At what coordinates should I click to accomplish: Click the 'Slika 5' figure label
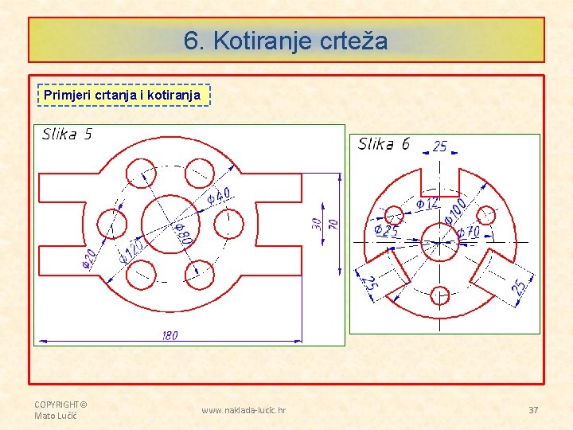67,134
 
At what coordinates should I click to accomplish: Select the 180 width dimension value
169,335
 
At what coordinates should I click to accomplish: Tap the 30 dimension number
318,224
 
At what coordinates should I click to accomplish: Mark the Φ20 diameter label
89,259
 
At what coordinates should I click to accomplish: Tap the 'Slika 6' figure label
384,143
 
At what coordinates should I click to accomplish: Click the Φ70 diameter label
468,233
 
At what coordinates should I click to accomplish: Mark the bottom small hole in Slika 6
440,295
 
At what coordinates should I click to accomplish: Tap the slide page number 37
533,409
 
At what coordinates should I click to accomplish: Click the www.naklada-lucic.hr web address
244,410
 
